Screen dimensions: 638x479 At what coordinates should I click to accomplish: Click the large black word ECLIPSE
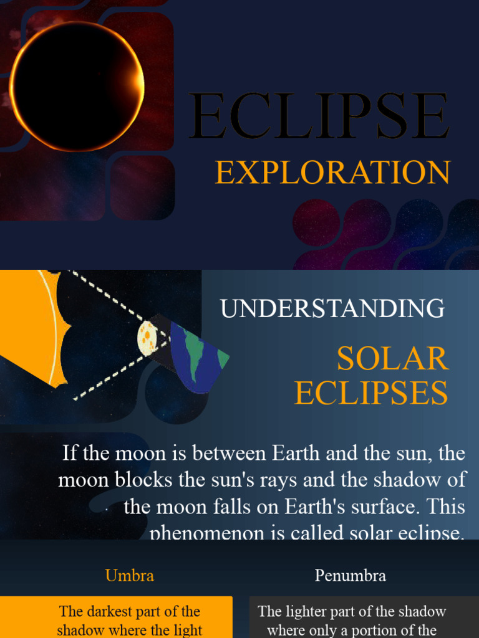click(x=319, y=117)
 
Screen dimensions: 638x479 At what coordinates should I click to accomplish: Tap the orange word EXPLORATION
click(x=332, y=173)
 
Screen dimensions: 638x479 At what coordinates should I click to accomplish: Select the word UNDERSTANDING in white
click(x=332, y=308)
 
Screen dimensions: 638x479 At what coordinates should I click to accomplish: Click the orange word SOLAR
click(x=392, y=359)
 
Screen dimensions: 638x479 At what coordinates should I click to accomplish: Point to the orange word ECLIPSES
click(x=371, y=393)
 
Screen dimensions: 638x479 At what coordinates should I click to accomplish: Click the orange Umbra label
click(x=130, y=575)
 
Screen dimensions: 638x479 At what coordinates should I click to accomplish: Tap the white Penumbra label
click(x=350, y=575)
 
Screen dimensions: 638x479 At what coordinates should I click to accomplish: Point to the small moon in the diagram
click(x=147, y=338)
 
